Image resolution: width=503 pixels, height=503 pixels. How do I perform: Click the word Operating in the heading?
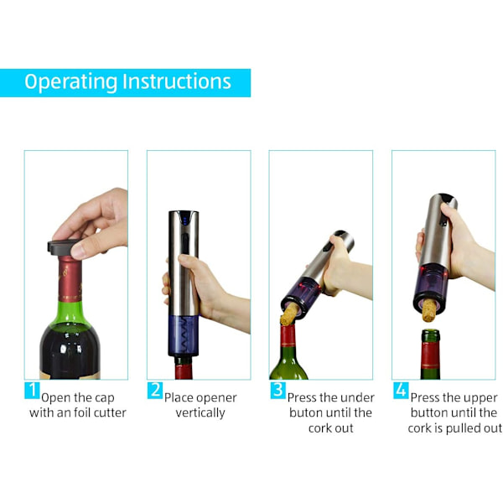(71, 82)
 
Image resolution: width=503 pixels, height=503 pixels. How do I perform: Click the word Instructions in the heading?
(177, 81)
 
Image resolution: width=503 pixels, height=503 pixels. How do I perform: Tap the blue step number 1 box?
(32, 390)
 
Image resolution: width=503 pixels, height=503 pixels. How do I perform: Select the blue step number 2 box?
(155, 390)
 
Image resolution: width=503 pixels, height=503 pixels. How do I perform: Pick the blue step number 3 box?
(277, 390)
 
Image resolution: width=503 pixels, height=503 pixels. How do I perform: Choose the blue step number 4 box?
(401, 390)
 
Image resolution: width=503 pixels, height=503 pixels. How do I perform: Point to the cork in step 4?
(429, 310)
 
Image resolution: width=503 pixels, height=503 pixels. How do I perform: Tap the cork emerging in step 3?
(289, 314)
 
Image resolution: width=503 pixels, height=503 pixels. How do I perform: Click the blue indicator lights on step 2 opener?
(184, 220)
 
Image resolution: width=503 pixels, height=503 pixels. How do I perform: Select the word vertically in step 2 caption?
(200, 412)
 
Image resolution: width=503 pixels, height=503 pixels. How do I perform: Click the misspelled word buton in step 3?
(306, 412)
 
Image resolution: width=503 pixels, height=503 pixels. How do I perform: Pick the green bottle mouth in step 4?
(430, 336)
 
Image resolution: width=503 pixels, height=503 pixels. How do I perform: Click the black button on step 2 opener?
(185, 244)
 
